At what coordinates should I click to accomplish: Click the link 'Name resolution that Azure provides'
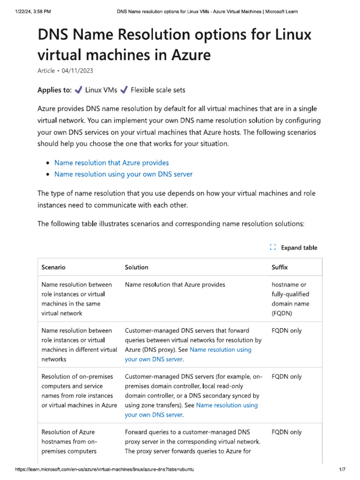pos(112,163)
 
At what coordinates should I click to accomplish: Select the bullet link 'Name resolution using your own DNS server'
pos(123,174)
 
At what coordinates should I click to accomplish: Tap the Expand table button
pos(294,247)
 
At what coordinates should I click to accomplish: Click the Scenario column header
pos(53,267)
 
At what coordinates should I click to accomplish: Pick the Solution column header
pos(136,267)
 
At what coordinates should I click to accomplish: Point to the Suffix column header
pos(280,267)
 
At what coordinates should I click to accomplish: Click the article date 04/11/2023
pos(80,70)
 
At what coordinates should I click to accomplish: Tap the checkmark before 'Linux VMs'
pos(79,90)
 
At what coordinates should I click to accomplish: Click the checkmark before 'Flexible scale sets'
pos(124,90)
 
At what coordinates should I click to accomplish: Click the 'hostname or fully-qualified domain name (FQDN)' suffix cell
pos(290,299)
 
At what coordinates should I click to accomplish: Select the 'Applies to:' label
pos(54,90)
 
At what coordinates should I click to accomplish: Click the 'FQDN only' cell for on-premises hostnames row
pos(286,432)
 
